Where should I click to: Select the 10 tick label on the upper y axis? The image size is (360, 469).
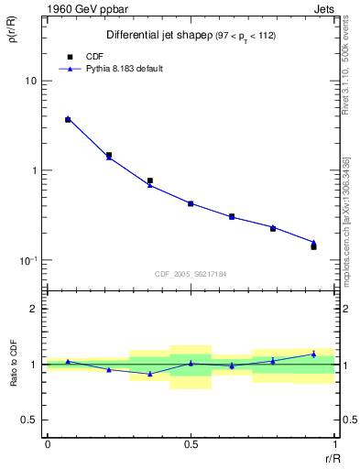tap(30, 82)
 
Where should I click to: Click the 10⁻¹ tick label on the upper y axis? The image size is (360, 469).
tap(27, 260)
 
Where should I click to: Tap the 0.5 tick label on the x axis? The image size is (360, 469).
tap(191, 442)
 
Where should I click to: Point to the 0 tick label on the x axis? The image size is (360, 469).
tap(48, 442)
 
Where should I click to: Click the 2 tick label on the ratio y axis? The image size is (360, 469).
tap(34, 310)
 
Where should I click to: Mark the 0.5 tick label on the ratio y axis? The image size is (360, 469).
tap(29, 420)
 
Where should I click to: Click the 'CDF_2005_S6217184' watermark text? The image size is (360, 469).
tap(191, 273)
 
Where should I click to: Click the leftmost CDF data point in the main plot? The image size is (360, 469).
tap(68, 120)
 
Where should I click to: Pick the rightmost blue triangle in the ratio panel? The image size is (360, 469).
tap(313, 354)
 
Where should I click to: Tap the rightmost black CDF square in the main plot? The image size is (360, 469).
tap(313, 247)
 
